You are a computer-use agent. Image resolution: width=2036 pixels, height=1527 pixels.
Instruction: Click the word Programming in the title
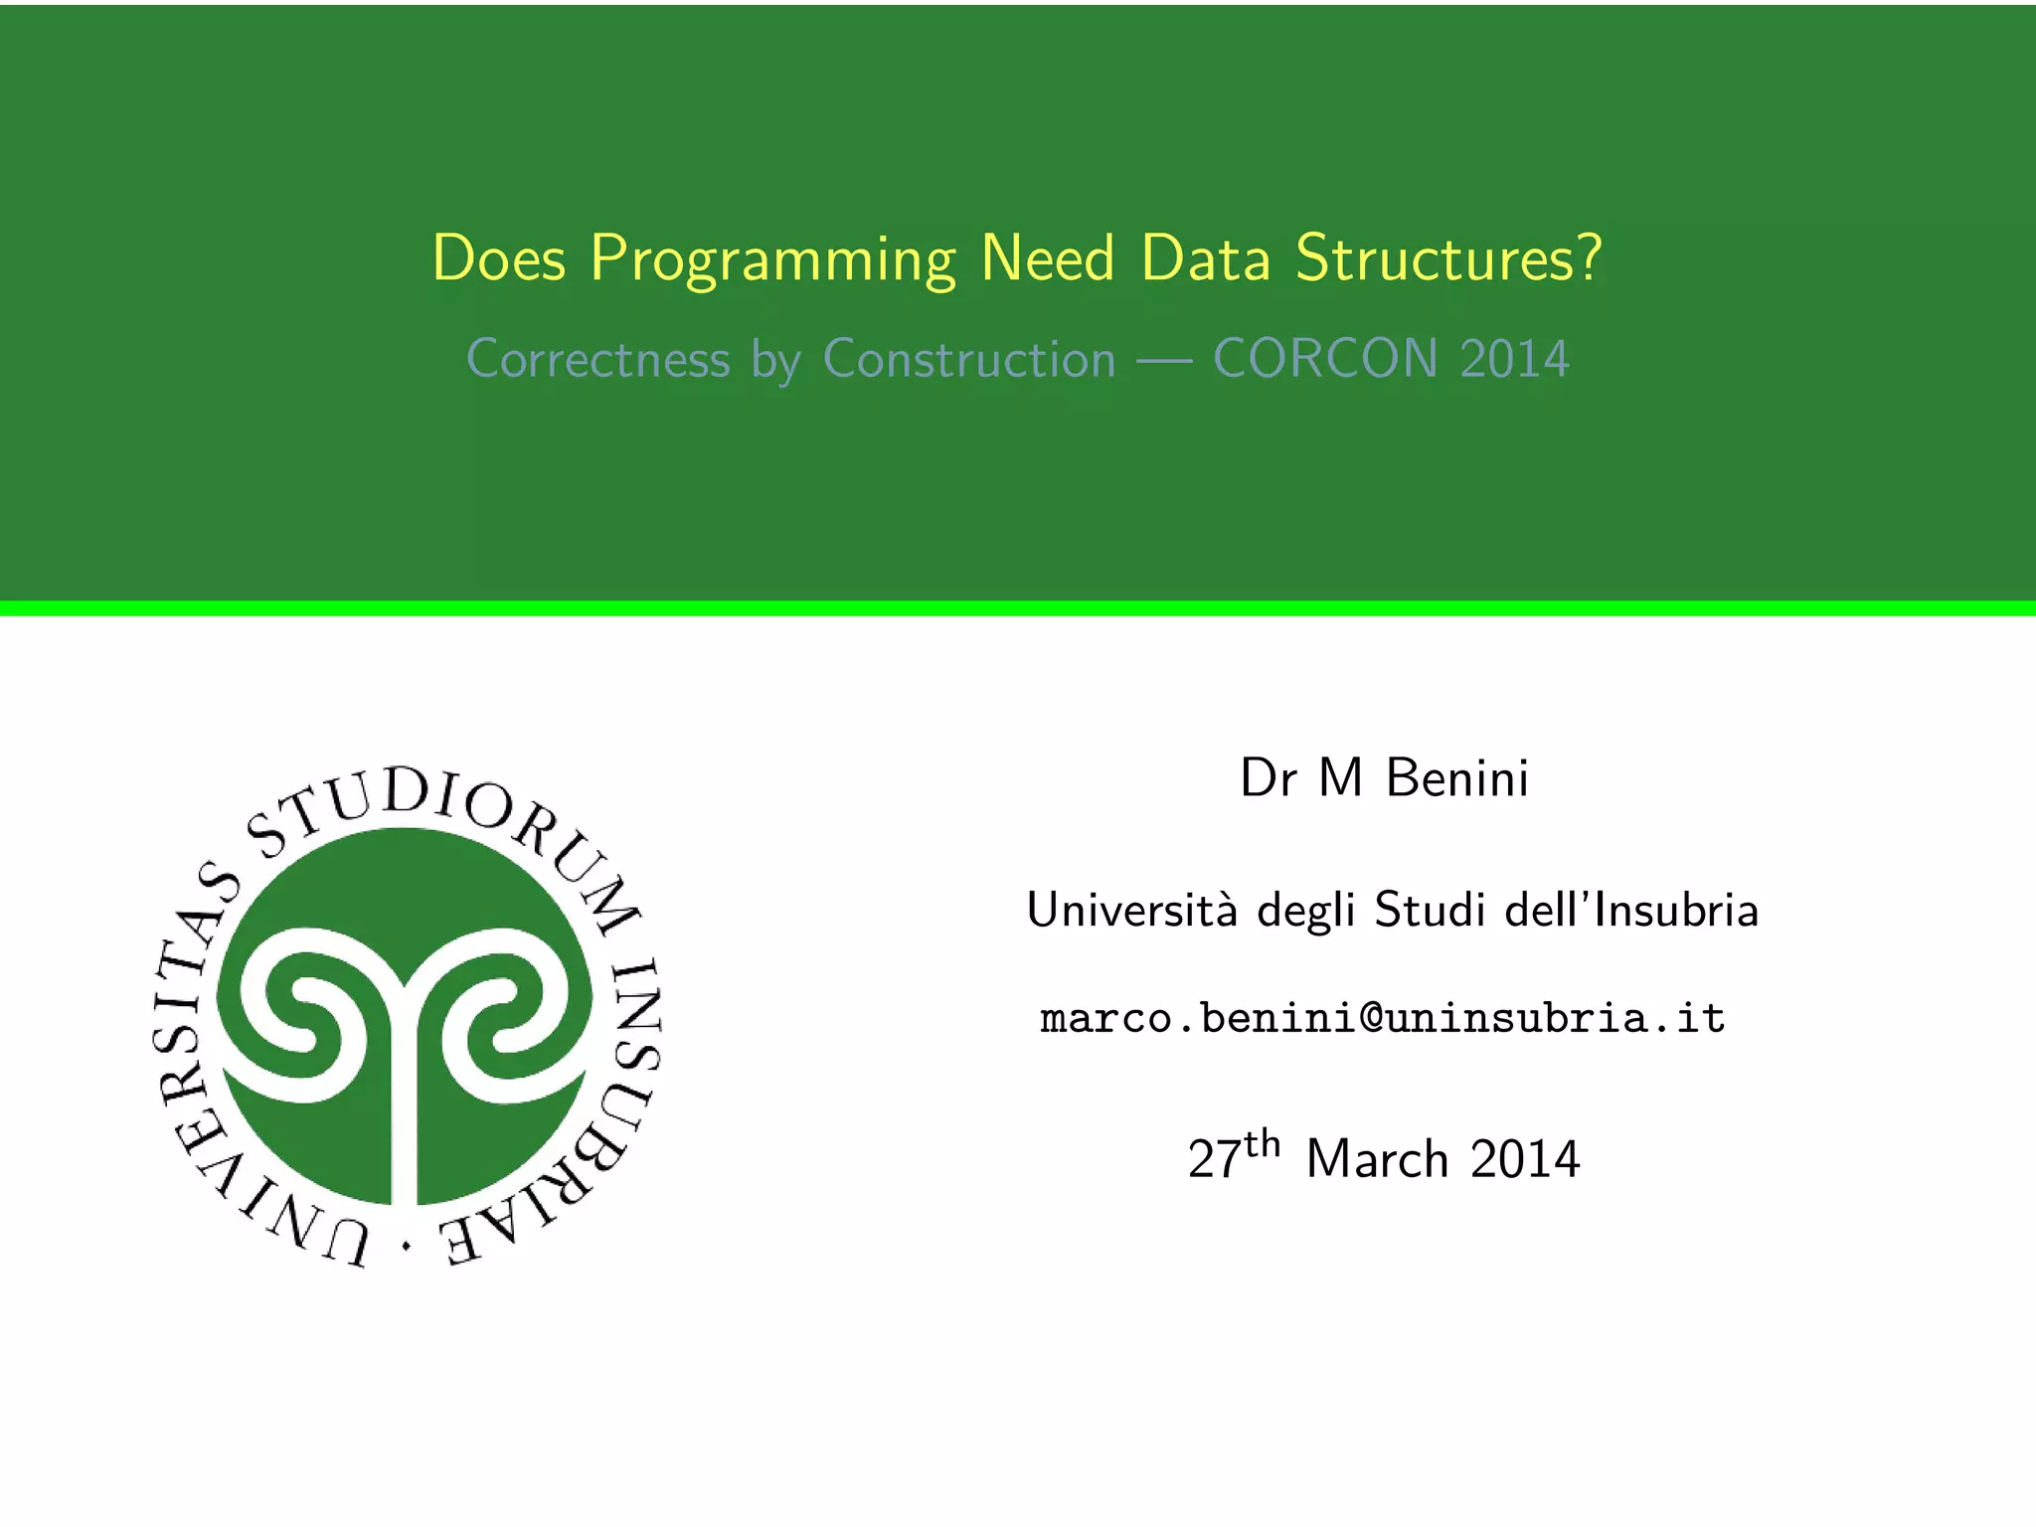coord(772,260)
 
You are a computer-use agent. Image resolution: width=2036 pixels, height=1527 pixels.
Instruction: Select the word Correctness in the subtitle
coord(597,359)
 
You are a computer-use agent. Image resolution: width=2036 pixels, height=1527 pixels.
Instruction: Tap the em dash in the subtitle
coord(1164,360)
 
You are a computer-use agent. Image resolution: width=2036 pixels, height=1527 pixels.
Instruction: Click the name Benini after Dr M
coord(1456,777)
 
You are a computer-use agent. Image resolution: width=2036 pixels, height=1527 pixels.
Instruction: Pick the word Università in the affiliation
coord(1132,910)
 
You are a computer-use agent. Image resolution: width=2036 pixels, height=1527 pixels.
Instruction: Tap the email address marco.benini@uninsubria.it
coord(1383,1018)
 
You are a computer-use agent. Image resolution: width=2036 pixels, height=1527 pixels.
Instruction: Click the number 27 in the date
coord(1214,1160)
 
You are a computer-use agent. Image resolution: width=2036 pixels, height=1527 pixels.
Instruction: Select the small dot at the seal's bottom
coord(406,1245)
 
